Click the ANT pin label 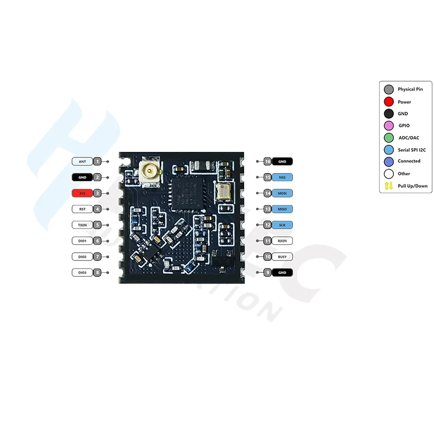(x=82, y=161)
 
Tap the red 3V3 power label (x=82, y=193)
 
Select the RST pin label (x=82, y=208)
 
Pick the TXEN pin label (x=82, y=225)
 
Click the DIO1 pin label (x=82, y=240)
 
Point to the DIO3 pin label (x=82, y=272)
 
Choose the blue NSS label (x=282, y=177)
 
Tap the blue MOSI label (x=282, y=193)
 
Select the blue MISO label (x=282, y=209)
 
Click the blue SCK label (x=282, y=225)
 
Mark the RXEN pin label (x=282, y=240)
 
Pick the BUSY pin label (x=282, y=256)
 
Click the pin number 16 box (x=267, y=161)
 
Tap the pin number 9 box (x=267, y=272)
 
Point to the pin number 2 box (x=97, y=177)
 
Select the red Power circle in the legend (x=388, y=101)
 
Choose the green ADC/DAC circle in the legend (x=388, y=137)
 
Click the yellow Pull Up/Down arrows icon (x=388, y=186)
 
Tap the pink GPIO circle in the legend (x=388, y=125)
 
